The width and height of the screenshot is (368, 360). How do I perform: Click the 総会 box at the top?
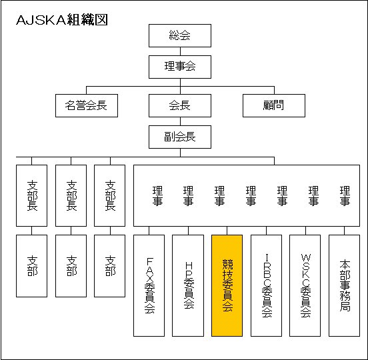[x=180, y=36]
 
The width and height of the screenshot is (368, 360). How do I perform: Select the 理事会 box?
[x=180, y=67]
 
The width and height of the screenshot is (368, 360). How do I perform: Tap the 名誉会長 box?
[x=87, y=105]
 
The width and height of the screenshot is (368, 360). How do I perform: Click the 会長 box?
[x=180, y=105]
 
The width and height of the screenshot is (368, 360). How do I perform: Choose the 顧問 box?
[x=274, y=105]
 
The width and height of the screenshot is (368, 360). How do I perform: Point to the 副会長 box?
[x=180, y=137]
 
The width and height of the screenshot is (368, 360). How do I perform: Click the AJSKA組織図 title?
[x=62, y=20]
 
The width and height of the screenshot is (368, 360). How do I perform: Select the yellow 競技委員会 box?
[x=227, y=285]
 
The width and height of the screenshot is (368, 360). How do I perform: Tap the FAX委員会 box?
[x=149, y=285]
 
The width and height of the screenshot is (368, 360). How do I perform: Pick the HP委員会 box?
[x=188, y=285]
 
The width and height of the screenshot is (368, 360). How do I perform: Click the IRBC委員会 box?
[x=267, y=285]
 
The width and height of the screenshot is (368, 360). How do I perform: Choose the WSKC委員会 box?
[x=305, y=285]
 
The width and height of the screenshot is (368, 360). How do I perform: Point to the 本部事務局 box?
[x=344, y=285]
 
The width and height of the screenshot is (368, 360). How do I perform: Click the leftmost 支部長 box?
[x=32, y=195]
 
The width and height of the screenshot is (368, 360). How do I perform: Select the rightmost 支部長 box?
[x=109, y=195]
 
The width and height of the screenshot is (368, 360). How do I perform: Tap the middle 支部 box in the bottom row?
[x=71, y=266]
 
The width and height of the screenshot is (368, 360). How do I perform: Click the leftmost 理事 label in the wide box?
[x=157, y=196]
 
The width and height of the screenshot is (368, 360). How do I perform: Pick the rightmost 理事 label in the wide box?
[x=345, y=196]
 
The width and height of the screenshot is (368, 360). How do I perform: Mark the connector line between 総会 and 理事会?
[x=180, y=51]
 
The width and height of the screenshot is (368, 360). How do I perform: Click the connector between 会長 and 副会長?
[x=180, y=121]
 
